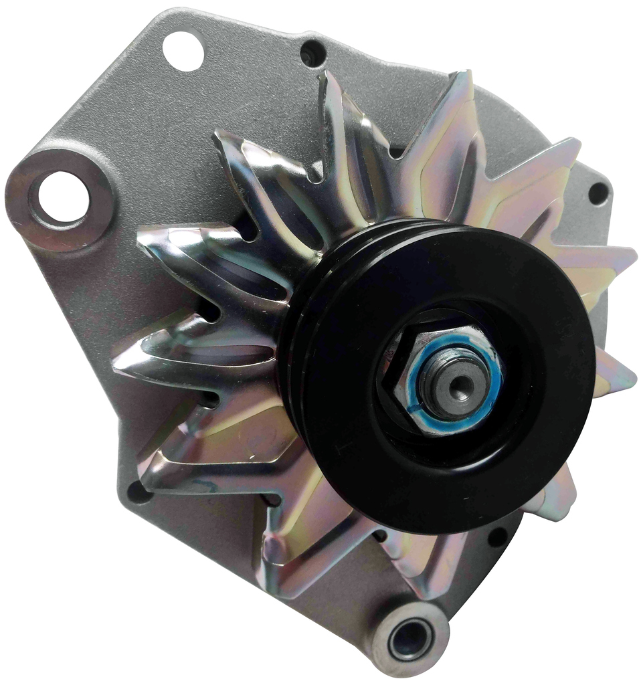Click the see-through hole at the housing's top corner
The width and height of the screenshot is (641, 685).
pos(183,51)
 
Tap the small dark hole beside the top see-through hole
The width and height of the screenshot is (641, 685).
pos(312,54)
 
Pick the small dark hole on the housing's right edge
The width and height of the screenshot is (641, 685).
pos(598,194)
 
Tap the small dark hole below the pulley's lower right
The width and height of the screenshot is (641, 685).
pos(498,535)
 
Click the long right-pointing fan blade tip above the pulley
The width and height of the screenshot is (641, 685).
pos(622,258)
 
